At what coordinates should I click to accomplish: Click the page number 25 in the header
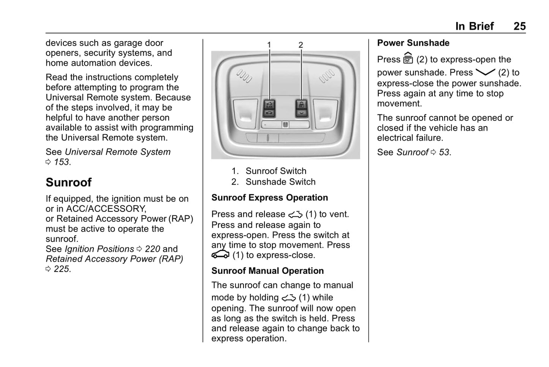519,26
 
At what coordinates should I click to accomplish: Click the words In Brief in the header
474,26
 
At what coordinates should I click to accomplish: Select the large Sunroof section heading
69,183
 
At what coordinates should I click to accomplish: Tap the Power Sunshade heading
413,43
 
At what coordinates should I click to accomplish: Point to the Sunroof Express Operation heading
269,198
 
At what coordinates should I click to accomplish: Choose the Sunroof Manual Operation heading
267,271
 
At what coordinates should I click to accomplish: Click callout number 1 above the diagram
269,45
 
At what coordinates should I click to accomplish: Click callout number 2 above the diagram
301,45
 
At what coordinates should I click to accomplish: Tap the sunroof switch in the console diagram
269,108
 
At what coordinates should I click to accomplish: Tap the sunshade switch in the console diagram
301,108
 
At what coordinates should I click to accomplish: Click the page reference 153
62,162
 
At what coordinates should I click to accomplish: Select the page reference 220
152,249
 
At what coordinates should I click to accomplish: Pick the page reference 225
62,269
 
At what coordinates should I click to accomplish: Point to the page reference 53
445,153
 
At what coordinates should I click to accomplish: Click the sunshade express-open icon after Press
408,58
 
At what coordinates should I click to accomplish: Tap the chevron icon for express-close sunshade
485,72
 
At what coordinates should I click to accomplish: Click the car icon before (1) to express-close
220,254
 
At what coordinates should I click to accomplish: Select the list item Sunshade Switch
280,182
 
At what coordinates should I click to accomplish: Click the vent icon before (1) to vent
295,214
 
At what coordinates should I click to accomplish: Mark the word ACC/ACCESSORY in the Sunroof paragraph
106,209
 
